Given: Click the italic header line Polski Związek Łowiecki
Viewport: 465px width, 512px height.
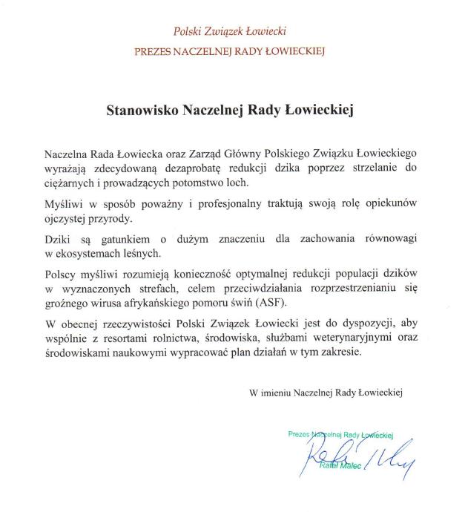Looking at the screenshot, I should point(229,32).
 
